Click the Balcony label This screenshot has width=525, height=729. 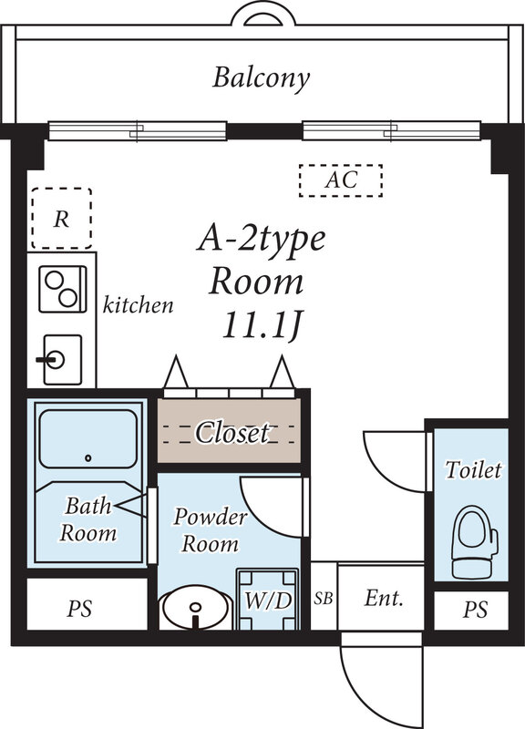(x=262, y=77)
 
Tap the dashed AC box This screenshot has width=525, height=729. (x=341, y=180)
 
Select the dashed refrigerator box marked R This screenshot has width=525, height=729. (x=61, y=219)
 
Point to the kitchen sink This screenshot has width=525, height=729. (x=60, y=359)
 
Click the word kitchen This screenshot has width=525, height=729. (x=138, y=304)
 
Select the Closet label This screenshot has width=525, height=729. (x=232, y=432)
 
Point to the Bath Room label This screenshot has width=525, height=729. (x=87, y=519)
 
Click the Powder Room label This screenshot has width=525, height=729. (x=210, y=530)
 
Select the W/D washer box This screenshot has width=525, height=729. (x=268, y=601)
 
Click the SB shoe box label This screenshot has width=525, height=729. (x=323, y=599)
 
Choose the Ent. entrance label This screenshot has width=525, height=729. (x=383, y=599)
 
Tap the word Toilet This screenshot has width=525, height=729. (x=473, y=470)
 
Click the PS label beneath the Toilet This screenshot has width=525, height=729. (x=474, y=609)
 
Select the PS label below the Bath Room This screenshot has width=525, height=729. (x=80, y=609)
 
